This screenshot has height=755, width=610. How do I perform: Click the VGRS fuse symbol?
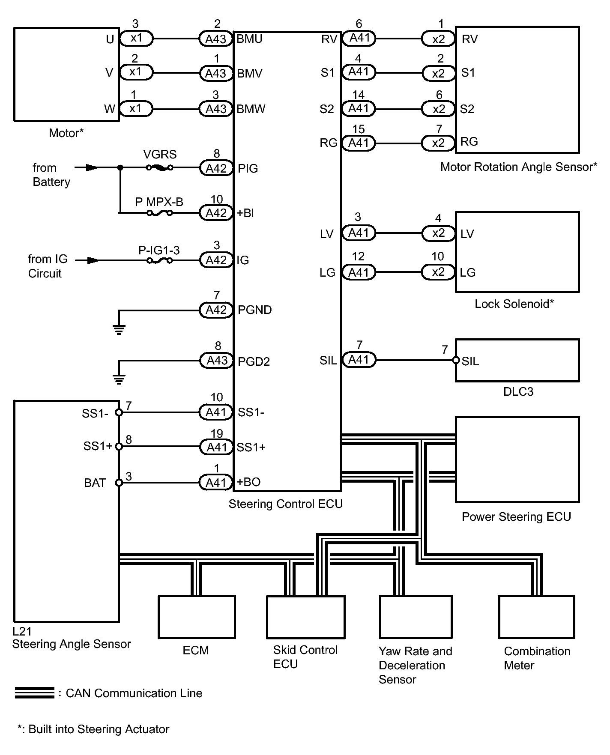point(160,167)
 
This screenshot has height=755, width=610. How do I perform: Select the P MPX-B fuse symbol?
point(159,212)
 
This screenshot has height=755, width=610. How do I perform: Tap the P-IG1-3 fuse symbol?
point(160,260)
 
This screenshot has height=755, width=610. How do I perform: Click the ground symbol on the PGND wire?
point(119,329)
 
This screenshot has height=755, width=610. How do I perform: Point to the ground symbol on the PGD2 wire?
point(119,379)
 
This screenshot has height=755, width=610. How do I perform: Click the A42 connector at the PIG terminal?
point(216,168)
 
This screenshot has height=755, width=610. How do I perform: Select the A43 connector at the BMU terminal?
point(216,39)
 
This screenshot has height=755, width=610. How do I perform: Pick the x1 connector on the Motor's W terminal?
point(136,109)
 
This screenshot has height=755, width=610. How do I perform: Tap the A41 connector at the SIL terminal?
point(359,360)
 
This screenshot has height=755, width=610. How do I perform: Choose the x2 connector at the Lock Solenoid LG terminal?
point(438,272)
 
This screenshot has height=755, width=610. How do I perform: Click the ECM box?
point(197,617)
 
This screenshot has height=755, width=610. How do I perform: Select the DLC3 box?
point(517,360)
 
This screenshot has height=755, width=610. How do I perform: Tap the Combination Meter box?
point(537,617)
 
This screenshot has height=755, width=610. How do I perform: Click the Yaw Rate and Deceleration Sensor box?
point(416,617)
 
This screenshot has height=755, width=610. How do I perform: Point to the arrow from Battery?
point(87,167)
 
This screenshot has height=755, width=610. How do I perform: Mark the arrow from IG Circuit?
point(87,260)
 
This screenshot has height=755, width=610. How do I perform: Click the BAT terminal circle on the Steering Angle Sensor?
point(119,483)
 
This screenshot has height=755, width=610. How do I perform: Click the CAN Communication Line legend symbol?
point(35,692)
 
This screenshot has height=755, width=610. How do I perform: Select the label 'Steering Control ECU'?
point(286,504)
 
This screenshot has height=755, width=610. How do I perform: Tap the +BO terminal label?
point(248,482)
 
